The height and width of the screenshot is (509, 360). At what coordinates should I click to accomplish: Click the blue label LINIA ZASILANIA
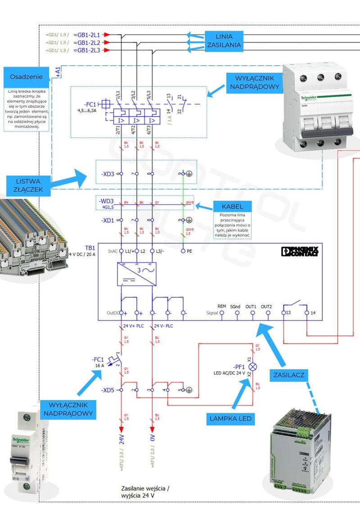click(x=224, y=41)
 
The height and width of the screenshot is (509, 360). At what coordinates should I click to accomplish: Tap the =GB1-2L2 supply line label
click(x=88, y=42)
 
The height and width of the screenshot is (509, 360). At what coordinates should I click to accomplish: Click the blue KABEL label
click(x=232, y=207)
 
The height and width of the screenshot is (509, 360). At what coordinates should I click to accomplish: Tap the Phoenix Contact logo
click(x=299, y=252)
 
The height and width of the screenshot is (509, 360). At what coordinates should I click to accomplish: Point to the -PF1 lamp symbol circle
click(x=253, y=366)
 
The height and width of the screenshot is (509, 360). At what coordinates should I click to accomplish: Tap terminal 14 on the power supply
click(x=307, y=312)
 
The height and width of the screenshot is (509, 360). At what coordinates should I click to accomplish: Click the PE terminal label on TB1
click(x=189, y=251)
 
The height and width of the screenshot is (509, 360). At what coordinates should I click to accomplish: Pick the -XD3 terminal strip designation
click(x=108, y=174)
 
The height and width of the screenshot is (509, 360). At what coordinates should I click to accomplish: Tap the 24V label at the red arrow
click(x=121, y=439)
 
